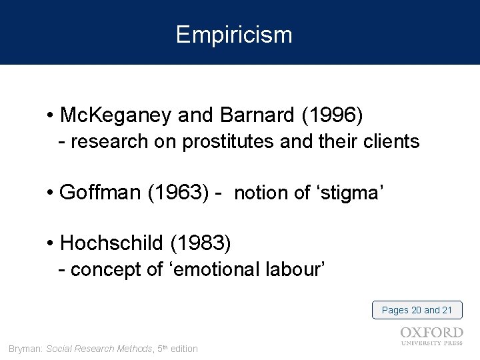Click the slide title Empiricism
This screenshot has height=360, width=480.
click(234, 35)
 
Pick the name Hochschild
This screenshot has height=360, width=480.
click(113, 245)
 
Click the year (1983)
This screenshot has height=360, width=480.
click(201, 245)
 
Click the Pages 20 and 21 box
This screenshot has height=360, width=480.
click(417, 310)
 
